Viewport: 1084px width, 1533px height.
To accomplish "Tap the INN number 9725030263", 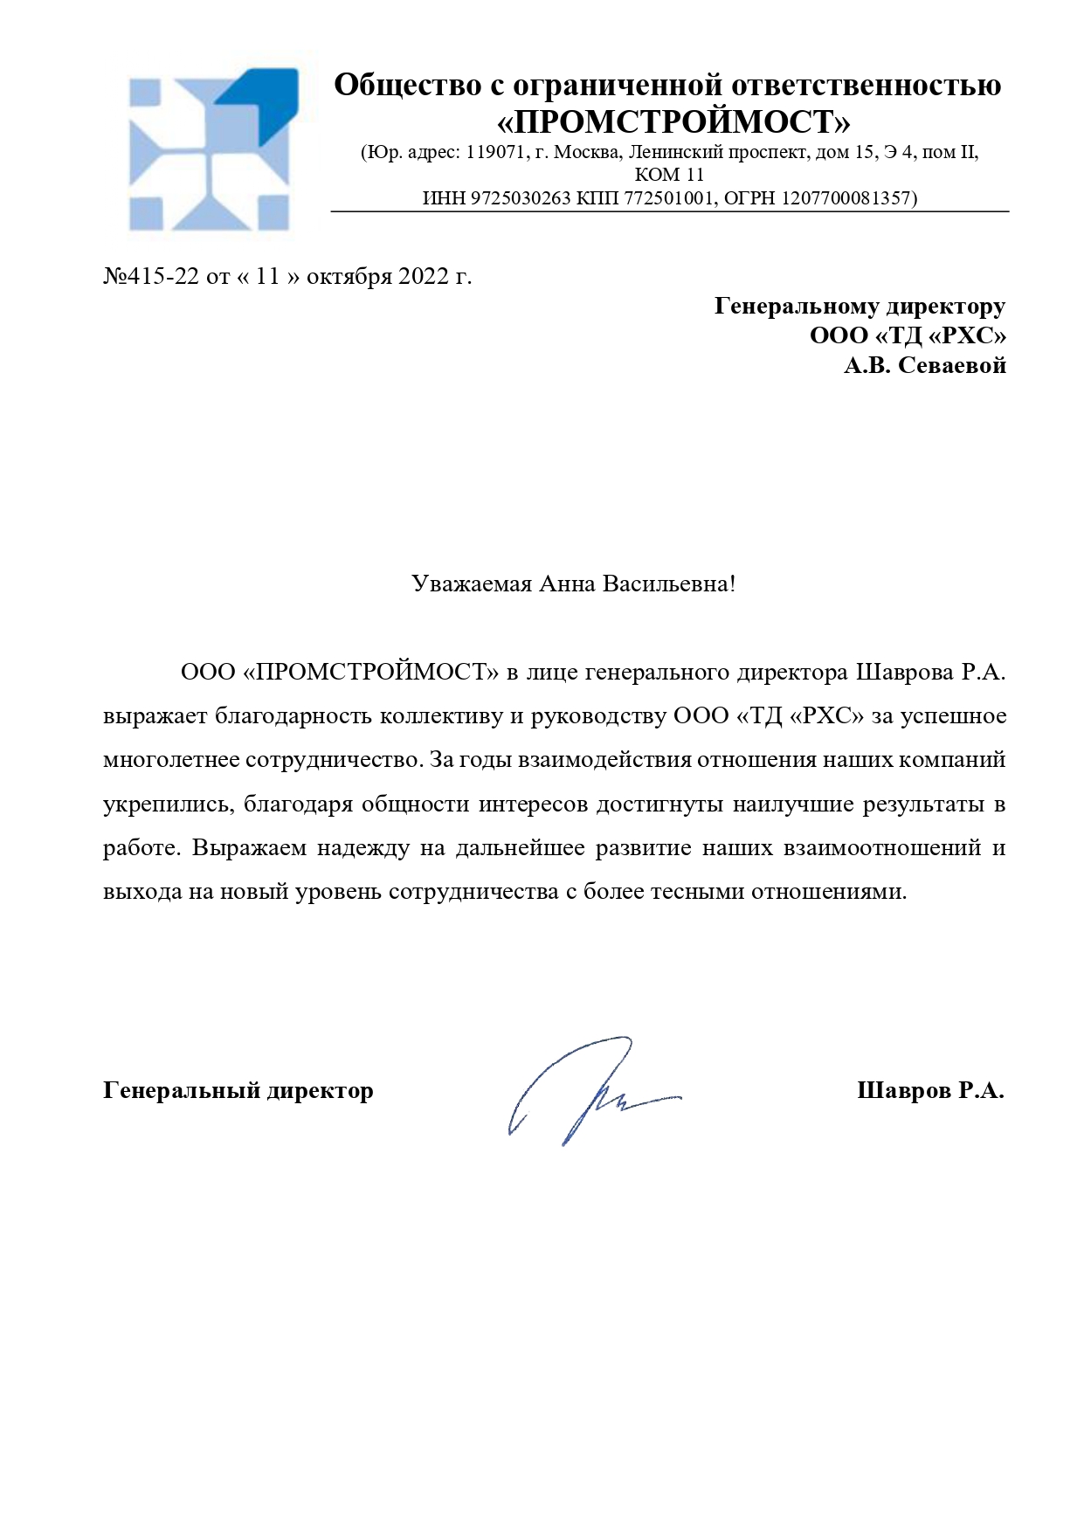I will click(x=521, y=198).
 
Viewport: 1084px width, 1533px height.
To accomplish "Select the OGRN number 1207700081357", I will click(x=846, y=198).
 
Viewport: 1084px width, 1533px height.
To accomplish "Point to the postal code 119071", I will click(x=495, y=153).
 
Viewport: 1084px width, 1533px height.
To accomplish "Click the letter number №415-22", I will click(x=151, y=276).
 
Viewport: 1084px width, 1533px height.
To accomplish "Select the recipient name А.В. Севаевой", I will click(x=924, y=365).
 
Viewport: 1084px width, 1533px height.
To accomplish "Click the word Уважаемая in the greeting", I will click(x=472, y=584).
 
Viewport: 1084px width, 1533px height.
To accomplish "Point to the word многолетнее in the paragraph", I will click(x=170, y=760).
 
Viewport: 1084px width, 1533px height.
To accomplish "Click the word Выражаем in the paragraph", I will click(x=249, y=848).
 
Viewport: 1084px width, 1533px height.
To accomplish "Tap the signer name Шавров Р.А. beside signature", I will click(x=930, y=1090).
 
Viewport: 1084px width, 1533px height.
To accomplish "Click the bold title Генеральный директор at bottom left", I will click(x=238, y=1090).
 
